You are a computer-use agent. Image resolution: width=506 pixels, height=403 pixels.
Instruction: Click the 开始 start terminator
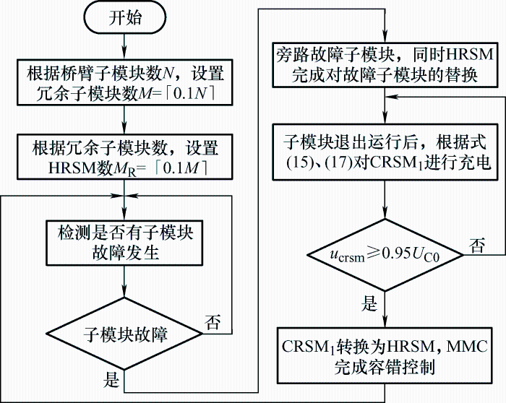125,19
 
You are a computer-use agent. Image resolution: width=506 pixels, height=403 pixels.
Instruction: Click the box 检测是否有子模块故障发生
125,243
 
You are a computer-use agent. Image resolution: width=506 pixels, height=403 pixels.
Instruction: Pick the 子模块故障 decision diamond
125,334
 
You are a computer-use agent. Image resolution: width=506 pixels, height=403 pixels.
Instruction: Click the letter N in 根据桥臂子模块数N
168,73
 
